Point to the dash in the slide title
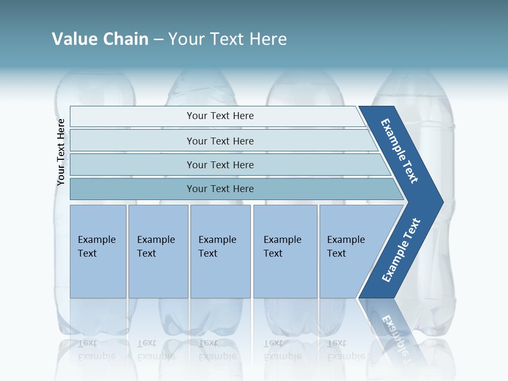158,39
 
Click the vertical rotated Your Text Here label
61,152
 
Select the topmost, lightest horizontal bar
220,116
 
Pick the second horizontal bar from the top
220,141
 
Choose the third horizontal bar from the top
220,165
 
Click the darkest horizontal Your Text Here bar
220,189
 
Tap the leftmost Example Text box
98,251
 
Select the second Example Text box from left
158,251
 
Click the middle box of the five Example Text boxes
220,251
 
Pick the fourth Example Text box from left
285,251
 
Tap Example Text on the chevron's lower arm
401,250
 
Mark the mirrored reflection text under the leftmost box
97,349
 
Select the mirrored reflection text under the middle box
217,349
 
